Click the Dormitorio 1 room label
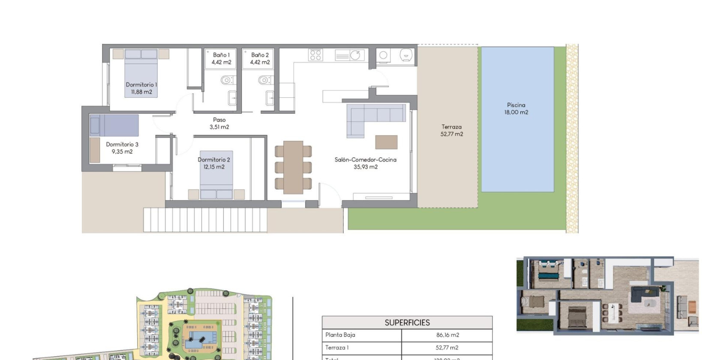[141, 88]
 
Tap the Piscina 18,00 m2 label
[516, 108]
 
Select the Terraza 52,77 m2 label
[452, 130]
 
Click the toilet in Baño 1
[227, 80]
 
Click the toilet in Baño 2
[264, 80]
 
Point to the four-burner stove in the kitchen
[316, 55]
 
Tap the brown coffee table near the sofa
[386, 142]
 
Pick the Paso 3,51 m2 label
[219, 123]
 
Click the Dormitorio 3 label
[122, 148]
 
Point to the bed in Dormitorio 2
[216, 175]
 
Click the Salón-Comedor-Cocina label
[365, 163]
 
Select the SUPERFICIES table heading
[407, 323]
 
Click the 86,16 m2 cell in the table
[447, 335]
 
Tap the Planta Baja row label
[340, 335]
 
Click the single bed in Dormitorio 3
[114, 125]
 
